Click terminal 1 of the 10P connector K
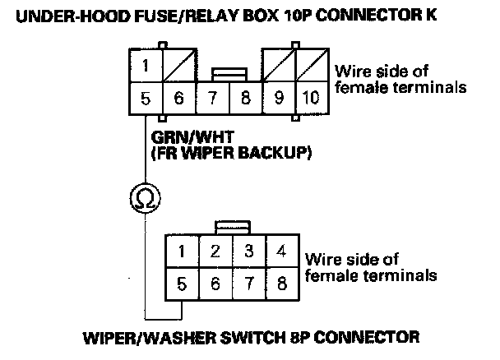(145, 64)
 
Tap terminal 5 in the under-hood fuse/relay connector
(145, 98)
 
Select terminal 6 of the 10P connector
(178, 98)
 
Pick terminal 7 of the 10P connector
(212, 98)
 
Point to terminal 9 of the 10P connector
(279, 98)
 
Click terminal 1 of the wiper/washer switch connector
(182, 252)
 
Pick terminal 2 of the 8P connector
(215, 252)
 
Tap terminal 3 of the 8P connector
(248, 252)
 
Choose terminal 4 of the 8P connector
(281, 252)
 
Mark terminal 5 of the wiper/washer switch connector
(182, 287)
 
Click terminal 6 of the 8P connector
(215, 287)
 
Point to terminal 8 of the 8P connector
(281, 287)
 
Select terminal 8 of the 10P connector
(245, 98)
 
